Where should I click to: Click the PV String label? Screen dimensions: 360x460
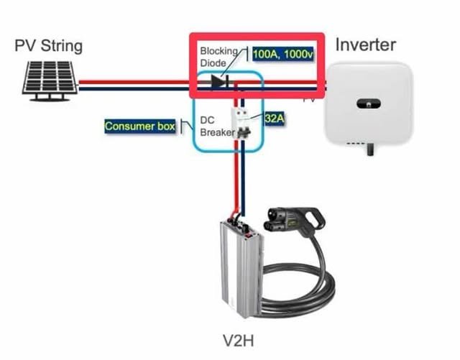click(x=48, y=47)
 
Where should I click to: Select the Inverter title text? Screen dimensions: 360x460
click(x=365, y=45)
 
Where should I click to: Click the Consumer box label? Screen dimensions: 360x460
click(x=140, y=126)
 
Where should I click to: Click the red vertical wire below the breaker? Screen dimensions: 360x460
click(x=234, y=180)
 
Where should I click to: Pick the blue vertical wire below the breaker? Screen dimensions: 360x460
click(x=242, y=180)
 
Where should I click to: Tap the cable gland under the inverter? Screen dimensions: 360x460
click(x=370, y=150)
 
